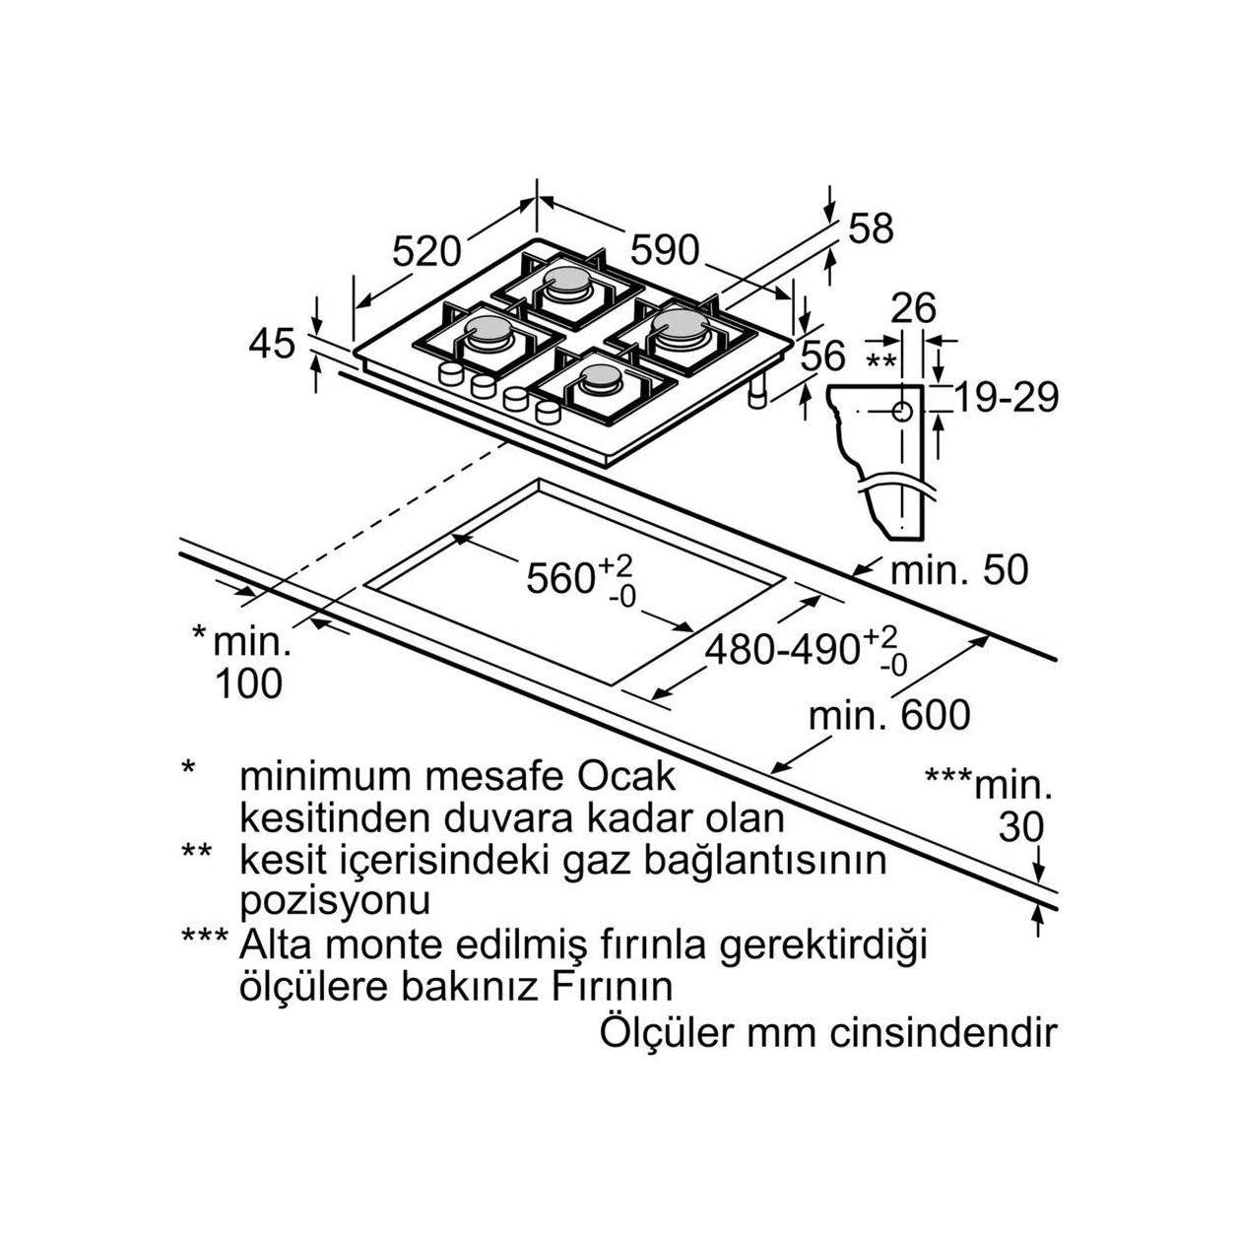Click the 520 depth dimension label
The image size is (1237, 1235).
pyautogui.click(x=426, y=251)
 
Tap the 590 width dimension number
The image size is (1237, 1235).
pyautogui.click(x=665, y=250)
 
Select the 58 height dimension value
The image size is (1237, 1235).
pyautogui.click(x=871, y=227)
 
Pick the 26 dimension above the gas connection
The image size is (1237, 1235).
pyautogui.click(x=914, y=308)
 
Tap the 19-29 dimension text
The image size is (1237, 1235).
pyautogui.click(x=1007, y=398)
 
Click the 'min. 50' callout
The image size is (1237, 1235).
pyautogui.click(x=959, y=569)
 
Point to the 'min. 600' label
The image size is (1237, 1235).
pyautogui.click(x=890, y=715)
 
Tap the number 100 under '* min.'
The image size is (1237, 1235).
pyautogui.click(x=248, y=683)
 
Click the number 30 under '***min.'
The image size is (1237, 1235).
pyautogui.click(x=1021, y=828)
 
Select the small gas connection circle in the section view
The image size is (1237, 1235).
pyautogui.click(x=902, y=411)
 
